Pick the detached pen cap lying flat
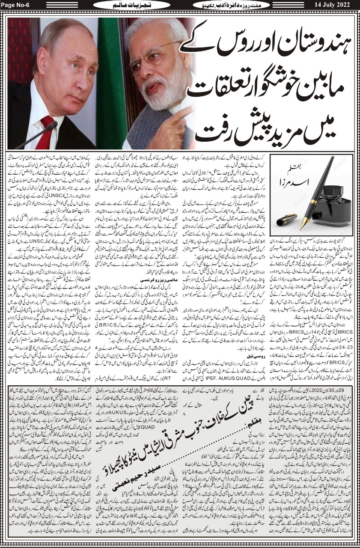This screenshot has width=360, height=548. point(286,220)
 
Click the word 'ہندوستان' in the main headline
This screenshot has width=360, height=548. point(301,45)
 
